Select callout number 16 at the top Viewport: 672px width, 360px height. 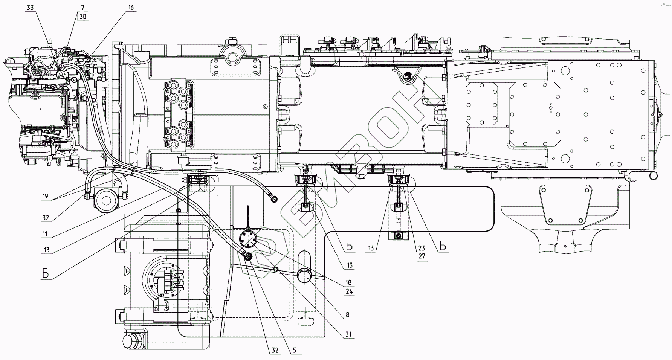[x=130, y=8]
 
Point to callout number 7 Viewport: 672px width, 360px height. [x=83, y=8]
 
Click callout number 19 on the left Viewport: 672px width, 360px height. [x=45, y=196]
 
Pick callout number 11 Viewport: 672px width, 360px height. [x=45, y=234]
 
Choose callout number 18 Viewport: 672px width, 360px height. [x=348, y=282]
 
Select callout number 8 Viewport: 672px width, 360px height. [x=347, y=315]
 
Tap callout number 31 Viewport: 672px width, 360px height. [x=348, y=334]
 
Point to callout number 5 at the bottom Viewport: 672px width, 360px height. [x=295, y=350]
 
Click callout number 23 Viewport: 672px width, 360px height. [x=422, y=248]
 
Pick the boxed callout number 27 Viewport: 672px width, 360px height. [x=422, y=256]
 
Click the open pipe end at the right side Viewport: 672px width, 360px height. [x=654, y=175]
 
